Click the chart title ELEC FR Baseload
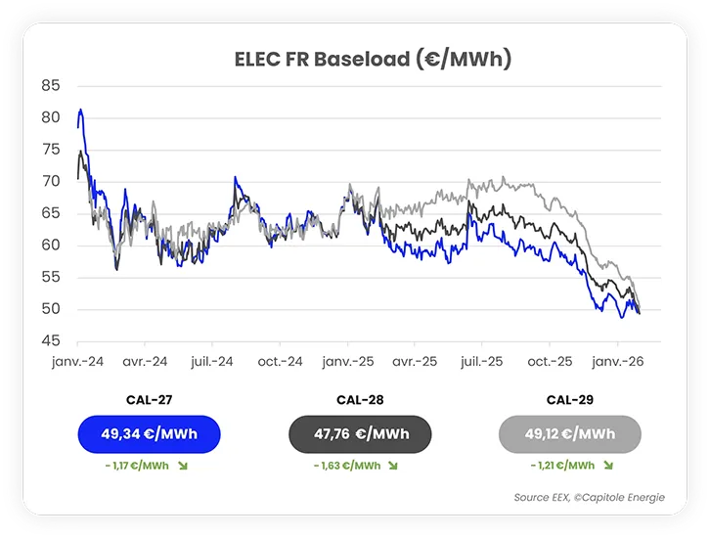(373, 59)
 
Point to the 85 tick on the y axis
(51, 86)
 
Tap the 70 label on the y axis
(51, 181)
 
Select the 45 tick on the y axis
(51, 341)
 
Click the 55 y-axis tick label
(51, 278)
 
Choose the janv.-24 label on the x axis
(77, 361)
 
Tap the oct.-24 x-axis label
(280, 361)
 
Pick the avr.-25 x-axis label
(413, 361)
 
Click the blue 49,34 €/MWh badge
(150, 434)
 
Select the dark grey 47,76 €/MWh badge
(360, 434)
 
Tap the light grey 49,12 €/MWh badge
(569, 434)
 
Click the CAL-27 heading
(150, 400)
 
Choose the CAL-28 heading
(360, 400)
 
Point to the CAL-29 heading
(569, 400)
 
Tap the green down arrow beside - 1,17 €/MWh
(182, 466)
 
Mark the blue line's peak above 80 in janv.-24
(80, 110)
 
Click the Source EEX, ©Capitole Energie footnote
(589, 498)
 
